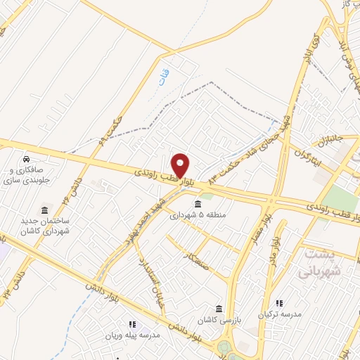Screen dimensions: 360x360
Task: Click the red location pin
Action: (x=181, y=165)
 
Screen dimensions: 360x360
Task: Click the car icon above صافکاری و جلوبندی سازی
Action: (x=26, y=158)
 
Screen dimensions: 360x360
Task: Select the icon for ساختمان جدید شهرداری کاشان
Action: (x=44, y=211)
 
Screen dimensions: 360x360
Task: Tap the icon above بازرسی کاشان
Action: (x=219, y=309)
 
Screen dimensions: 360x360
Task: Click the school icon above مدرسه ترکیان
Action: (x=280, y=303)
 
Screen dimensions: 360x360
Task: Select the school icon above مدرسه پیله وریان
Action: (x=132, y=324)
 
